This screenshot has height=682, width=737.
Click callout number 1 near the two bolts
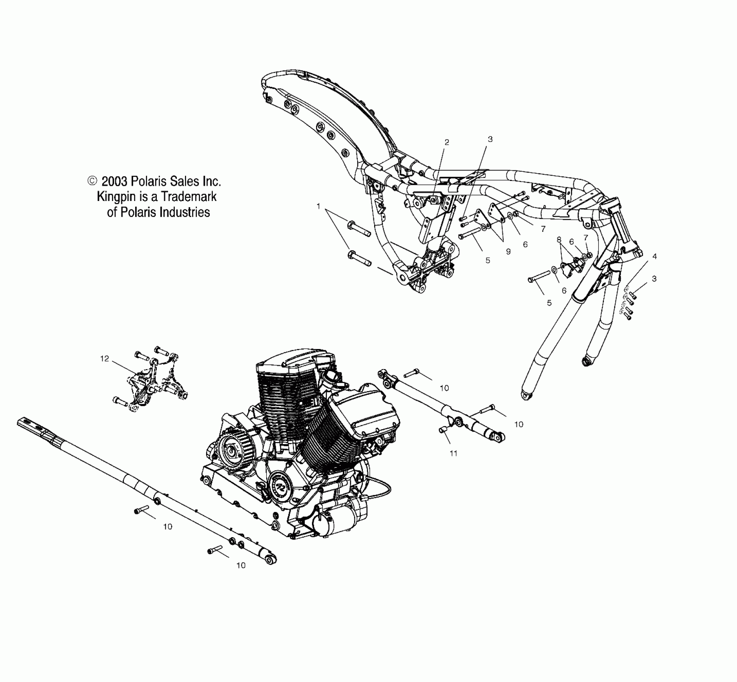point(318,206)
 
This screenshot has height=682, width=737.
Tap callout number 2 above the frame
point(447,142)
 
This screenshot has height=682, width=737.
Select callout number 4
point(655,256)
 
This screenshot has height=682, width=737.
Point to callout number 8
point(559,240)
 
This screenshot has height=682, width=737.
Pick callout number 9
point(508,252)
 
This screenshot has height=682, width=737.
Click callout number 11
point(454,453)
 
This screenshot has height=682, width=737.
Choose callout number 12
point(105,359)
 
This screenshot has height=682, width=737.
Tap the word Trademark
point(189,197)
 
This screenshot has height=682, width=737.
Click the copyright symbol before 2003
point(92,181)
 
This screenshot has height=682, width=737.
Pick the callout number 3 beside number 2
point(490,139)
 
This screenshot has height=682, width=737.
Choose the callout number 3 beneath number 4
point(654,278)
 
